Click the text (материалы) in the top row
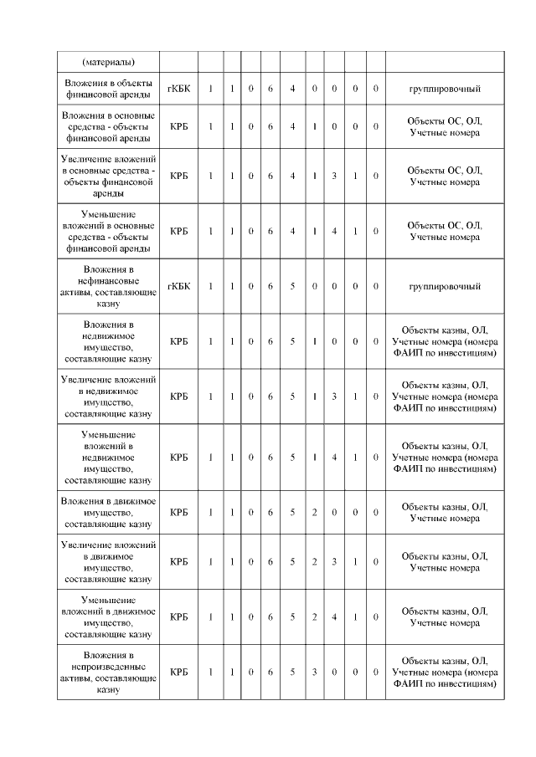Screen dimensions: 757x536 tap(109, 62)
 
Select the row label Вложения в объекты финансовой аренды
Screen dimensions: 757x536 tap(109, 88)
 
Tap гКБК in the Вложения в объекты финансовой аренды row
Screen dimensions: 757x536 tap(178, 88)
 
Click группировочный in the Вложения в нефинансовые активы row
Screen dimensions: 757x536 tap(444, 287)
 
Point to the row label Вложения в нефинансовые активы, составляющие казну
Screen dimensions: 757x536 tap(109, 287)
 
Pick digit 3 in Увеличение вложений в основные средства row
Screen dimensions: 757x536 tap(334, 176)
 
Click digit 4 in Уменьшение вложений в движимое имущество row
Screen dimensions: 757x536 tap(334, 617)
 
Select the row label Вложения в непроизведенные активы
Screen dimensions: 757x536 tap(109, 672)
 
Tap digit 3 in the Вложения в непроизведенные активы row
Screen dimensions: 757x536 tap(314, 672)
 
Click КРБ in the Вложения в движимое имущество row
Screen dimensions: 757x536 tap(178, 512)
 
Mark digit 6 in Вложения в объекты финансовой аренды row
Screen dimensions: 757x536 tap(271, 88)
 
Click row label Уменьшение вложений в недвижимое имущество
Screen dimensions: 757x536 tap(109, 458)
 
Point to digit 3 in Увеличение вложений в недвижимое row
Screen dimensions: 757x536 tap(334, 396)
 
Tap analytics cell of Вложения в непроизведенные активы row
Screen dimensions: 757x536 tap(444, 672)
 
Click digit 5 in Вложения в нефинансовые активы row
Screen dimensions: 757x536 tap(292, 287)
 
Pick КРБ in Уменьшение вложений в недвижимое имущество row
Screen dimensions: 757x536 tap(178, 458)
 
